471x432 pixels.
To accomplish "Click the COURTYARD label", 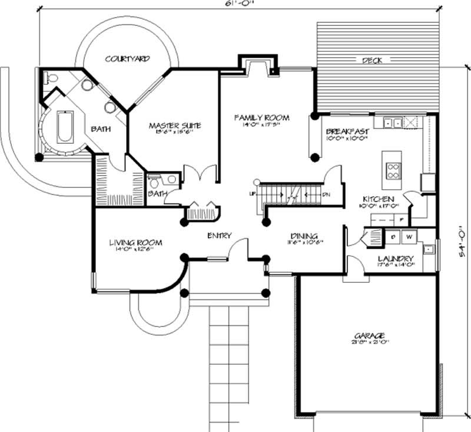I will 127,59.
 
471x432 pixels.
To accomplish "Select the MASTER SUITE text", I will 174,126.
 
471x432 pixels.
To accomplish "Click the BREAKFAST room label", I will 347,131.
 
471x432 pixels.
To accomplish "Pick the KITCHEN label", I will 379,199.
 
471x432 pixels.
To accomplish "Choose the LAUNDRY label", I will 395,259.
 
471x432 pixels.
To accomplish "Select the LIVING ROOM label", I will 135,242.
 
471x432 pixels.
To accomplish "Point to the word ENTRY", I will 218,236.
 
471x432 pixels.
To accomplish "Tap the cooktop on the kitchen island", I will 393,170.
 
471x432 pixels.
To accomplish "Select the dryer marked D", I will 393,237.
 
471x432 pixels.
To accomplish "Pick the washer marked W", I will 409,237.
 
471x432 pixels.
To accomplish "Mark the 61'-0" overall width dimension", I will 222,4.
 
